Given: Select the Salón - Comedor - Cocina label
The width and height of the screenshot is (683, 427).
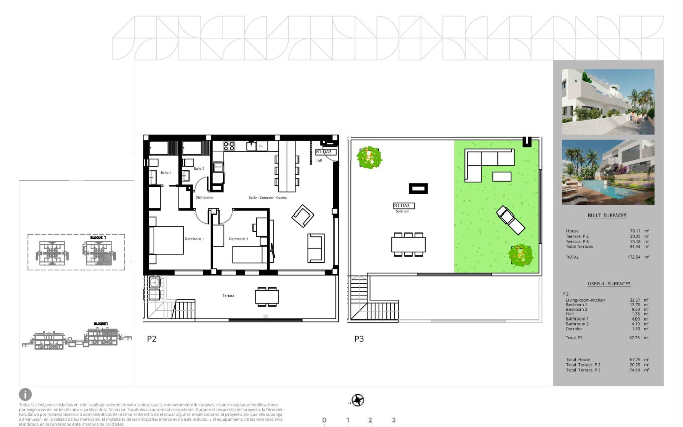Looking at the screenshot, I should point(268,198).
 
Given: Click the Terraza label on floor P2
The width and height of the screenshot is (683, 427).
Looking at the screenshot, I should point(229,296).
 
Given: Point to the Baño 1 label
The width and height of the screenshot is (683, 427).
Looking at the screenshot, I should point(166,173).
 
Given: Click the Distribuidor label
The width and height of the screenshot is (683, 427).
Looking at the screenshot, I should point(204,198).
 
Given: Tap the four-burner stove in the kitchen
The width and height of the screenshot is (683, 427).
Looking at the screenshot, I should point(229,146).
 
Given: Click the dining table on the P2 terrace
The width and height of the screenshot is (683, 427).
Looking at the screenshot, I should point(267,297).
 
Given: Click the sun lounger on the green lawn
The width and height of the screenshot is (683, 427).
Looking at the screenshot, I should point(510,220).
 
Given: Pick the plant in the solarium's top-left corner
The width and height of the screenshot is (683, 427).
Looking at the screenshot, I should point(369,157).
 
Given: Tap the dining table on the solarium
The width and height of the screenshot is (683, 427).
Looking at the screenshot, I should point(408,244).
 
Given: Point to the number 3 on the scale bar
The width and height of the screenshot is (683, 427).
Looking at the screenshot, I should point(394,420).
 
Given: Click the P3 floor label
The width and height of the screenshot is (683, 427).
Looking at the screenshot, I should point(359,339).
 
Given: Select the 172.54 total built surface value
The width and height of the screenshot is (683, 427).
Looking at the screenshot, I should point(636,257).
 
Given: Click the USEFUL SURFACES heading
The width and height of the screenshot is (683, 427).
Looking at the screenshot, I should point(609,284).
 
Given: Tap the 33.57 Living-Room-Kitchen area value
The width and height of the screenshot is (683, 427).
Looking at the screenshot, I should point(635,300).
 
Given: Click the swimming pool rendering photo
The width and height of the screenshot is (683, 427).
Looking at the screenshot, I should point(608,172).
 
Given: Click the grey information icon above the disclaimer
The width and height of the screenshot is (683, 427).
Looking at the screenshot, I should point(25,394).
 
